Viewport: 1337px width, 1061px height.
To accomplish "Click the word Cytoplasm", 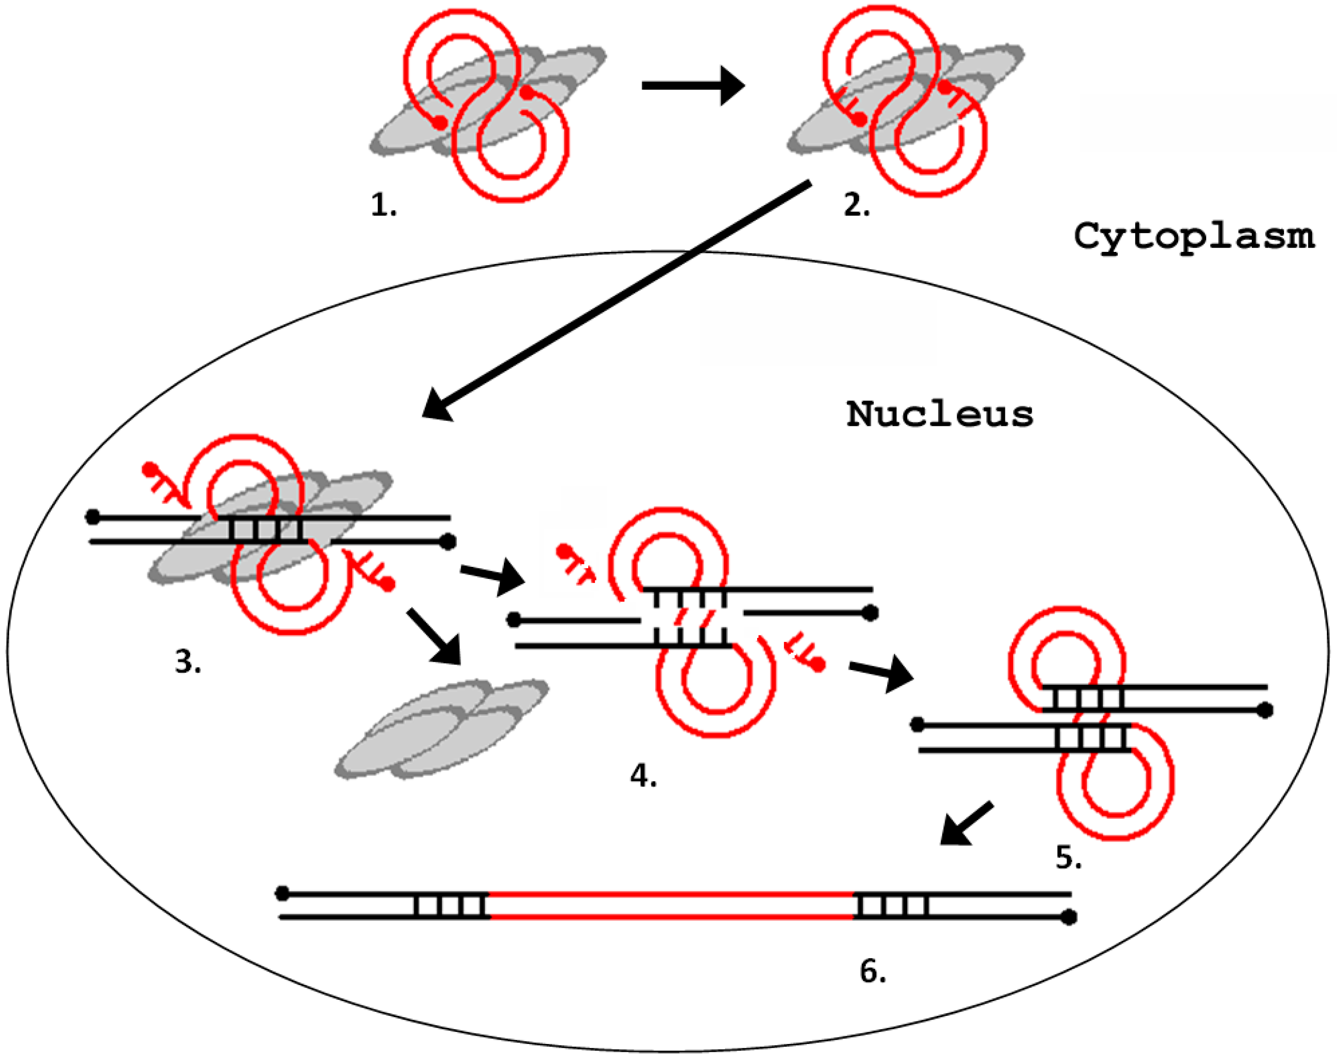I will [x=1193, y=237].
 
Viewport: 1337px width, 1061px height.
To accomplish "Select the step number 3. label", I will [x=188, y=662].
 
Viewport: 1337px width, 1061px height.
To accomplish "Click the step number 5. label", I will [x=1068, y=857].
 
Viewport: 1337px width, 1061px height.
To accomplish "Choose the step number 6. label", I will [x=872, y=972].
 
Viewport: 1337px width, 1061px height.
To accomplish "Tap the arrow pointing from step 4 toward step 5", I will [x=881, y=672].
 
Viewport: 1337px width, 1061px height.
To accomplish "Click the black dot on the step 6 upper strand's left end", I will [x=282, y=893].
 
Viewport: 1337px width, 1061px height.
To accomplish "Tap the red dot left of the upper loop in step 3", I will [x=149, y=469].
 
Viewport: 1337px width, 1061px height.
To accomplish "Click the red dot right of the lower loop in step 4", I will [x=818, y=665].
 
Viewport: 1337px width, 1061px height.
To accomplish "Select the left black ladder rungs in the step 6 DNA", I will [x=451, y=905].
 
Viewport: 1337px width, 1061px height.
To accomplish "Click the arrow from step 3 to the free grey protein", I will [x=434, y=635].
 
